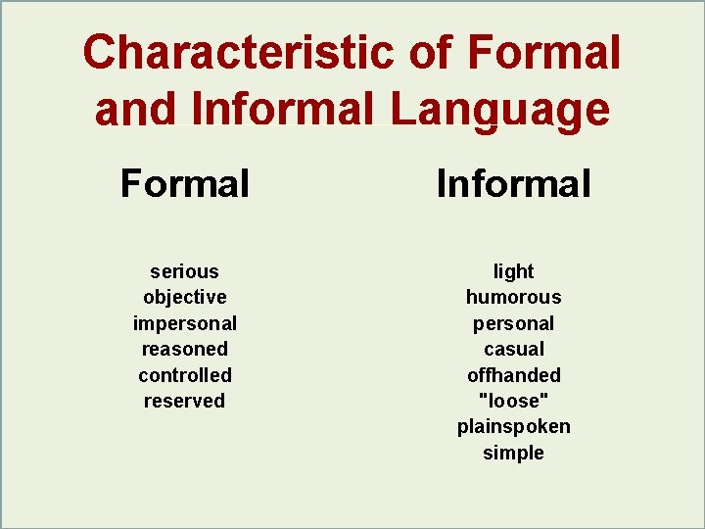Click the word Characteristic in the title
[x=238, y=52]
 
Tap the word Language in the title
[x=499, y=110]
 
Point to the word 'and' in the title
[x=136, y=110]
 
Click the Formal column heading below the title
[x=185, y=183]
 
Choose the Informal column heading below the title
[x=513, y=183]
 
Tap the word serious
[x=184, y=271]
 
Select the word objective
[x=184, y=297]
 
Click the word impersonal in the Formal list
[x=184, y=323]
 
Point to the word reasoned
[x=184, y=349]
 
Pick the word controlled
[x=184, y=375]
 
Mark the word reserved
[x=184, y=401]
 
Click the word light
[x=513, y=271]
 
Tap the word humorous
[x=513, y=297]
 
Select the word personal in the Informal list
[x=513, y=323]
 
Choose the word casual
[x=513, y=349]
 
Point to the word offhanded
[x=513, y=375]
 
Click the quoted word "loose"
[x=513, y=401]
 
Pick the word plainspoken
[x=513, y=427]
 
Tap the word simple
[x=513, y=453]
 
